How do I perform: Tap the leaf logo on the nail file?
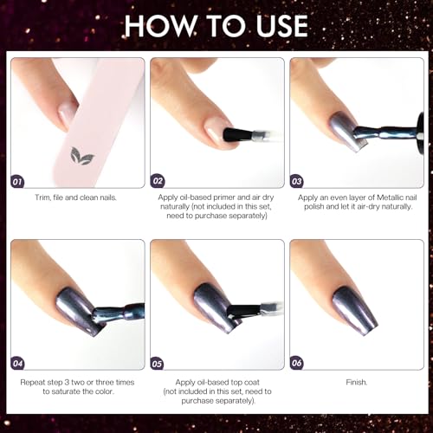pyautogui.click(x=81, y=157)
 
